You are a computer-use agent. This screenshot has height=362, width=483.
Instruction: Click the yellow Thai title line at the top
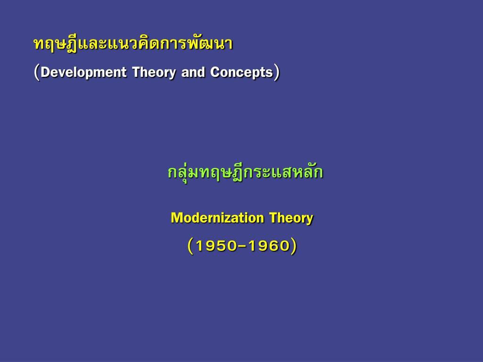(x=133, y=44)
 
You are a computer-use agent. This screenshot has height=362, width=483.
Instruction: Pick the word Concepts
(x=241, y=73)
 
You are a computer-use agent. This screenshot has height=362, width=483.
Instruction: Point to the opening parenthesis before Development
(x=37, y=73)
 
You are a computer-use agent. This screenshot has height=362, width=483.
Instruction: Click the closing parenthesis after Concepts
(x=277, y=73)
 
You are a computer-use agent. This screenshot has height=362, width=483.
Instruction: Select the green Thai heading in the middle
(x=245, y=173)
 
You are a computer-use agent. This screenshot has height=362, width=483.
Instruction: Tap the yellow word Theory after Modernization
(x=291, y=218)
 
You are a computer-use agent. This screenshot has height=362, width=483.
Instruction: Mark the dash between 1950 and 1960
(x=242, y=246)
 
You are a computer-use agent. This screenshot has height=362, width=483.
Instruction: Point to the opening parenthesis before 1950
(x=190, y=246)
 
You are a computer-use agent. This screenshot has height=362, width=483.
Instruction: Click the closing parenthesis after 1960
(x=294, y=246)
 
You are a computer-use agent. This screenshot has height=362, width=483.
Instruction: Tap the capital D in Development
(x=45, y=73)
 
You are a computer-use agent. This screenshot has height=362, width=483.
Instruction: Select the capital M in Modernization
(x=176, y=218)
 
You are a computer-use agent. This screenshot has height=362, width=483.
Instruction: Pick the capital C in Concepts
(x=215, y=73)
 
